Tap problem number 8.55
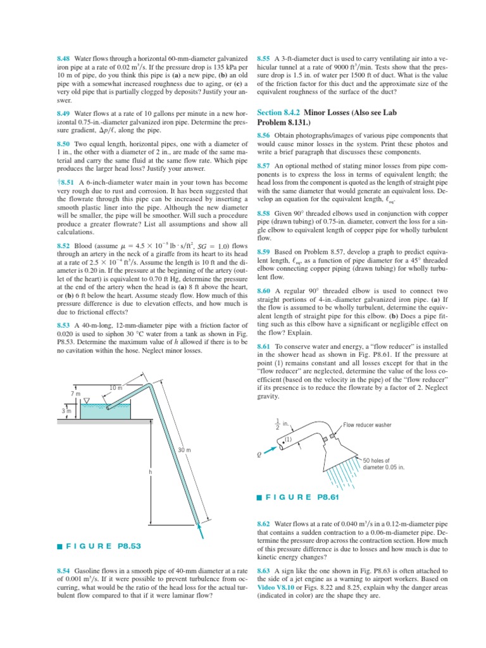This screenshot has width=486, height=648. pos(264,58)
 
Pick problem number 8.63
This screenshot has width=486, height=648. pos(264,571)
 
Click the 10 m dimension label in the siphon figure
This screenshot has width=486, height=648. pos(115,387)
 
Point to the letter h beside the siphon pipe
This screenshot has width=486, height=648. pos(150,472)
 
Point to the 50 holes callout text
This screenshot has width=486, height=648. pos(384,464)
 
